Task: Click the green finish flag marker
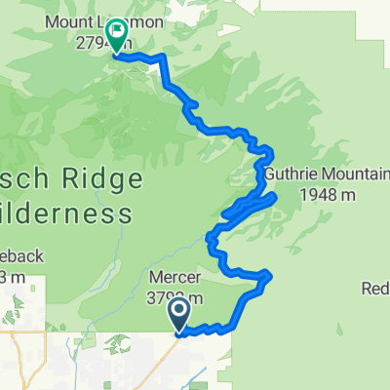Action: (116, 38)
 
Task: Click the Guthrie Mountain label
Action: (328, 176)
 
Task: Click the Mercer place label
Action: (176, 275)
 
